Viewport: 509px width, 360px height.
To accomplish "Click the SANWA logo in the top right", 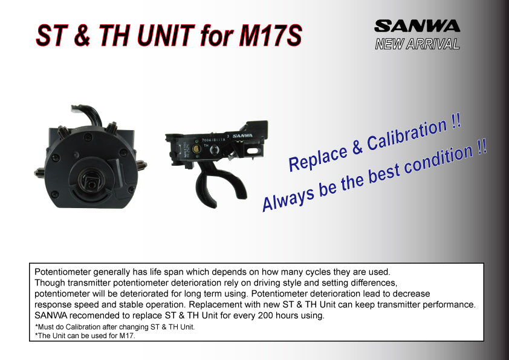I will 417,26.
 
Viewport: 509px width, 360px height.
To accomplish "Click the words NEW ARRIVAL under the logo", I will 417,44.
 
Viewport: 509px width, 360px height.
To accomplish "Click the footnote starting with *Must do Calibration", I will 115,327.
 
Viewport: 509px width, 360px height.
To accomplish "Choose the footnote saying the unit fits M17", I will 85,335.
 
